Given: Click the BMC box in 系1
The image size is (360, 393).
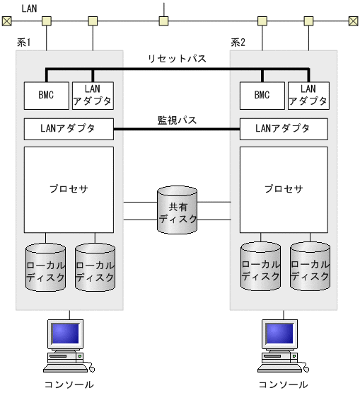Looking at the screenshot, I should (46, 96).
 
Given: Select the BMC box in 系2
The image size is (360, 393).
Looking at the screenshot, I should (262, 96).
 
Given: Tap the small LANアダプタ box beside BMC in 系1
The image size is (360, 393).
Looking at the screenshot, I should (93, 96).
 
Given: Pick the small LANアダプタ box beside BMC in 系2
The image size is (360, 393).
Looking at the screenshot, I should (308, 96).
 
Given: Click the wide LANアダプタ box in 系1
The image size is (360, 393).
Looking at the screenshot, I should (69, 129).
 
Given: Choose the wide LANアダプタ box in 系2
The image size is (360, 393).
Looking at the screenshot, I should (284, 129).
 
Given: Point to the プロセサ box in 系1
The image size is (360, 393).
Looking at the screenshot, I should (69, 189).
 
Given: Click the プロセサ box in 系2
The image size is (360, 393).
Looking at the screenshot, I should (284, 189).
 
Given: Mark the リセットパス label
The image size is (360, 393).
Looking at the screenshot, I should (177, 59).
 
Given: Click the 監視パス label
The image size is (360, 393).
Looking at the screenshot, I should (177, 120).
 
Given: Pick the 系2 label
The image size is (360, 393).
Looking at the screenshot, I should (238, 43).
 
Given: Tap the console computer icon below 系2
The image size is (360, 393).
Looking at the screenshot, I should (283, 346).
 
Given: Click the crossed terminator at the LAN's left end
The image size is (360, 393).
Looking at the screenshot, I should (6, 21).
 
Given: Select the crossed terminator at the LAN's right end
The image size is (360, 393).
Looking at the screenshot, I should (352, 21).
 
